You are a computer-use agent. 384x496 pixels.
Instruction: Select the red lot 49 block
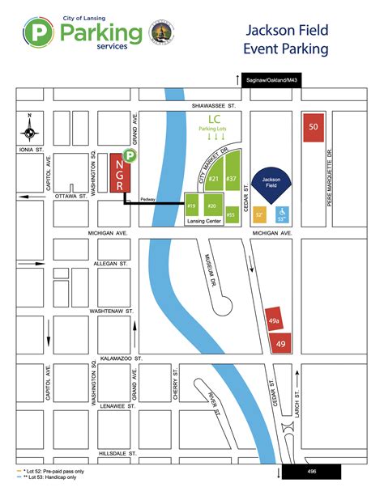pyautogui.click(x=280, y=343)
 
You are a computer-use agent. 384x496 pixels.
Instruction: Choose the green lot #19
pyautogui.click(x=193, y=206)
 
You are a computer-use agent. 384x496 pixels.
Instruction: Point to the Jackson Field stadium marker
pyautogui.click(x=271, y=184)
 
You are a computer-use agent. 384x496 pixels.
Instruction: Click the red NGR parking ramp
pyautogui.click(x=118, y=173)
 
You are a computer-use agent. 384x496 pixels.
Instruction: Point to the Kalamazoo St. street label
pyautogui.click(x=122, y=357)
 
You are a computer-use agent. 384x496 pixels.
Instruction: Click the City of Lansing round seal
pyautogui.click(x=160, y=33)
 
